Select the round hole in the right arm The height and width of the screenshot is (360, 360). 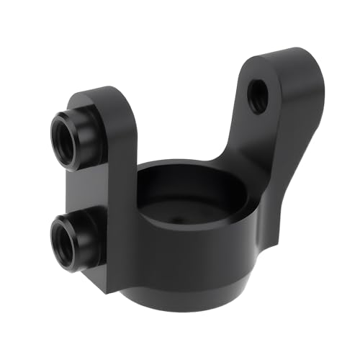(256, 96)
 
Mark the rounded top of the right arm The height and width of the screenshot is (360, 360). (284, 58)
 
